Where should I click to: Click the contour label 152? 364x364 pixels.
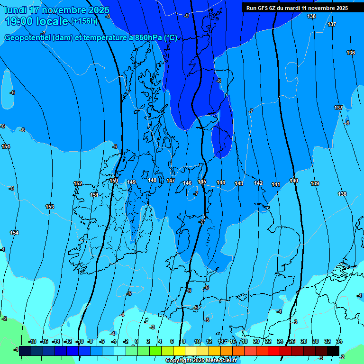(x=78, y=183)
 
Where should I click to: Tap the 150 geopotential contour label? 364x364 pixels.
(x=114, y=181)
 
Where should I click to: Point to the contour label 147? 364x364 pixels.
(x=171, y=181)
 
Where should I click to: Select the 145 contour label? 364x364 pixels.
(x=202, y=182)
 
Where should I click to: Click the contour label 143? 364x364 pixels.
(x=239, y=183)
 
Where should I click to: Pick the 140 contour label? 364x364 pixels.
(x=294, y=181)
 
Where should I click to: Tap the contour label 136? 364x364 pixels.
(x=351, y=53)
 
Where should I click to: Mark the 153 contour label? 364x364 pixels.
(x=50, y=207)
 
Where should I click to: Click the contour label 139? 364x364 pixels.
(x=315, y=183)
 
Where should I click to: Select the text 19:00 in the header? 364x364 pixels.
(x=20, y=21)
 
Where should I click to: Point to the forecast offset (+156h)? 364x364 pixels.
(x=84, y=21)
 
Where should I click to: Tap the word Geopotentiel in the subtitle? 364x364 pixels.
(x=28, y=38)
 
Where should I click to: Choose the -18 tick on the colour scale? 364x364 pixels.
(x=33, y=341)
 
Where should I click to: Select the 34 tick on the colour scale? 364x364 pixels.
(x=339, y=341)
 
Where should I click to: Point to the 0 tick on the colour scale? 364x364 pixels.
(x=136, y=341)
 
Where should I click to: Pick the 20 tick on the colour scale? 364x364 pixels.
(x=256, y=341)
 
